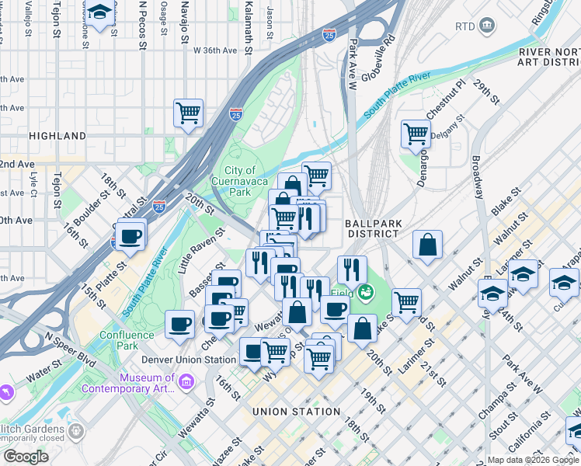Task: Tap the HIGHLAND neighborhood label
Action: (x=57, y=136)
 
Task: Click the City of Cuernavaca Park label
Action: (x=241, y=181)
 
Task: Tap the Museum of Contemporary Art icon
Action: (x=186, y=381)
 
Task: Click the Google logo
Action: (x=26, y=457)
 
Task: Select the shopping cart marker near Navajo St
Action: (x=189, y=113)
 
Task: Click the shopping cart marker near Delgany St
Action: (x=416, y=134)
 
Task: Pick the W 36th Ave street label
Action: (x=215, y=50)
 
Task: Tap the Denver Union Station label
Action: (x=189, y=360)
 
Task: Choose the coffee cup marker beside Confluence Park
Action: (x=180, y=324)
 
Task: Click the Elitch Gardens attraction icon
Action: (x=75, y=429)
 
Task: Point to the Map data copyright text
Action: (x=533, y=460)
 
